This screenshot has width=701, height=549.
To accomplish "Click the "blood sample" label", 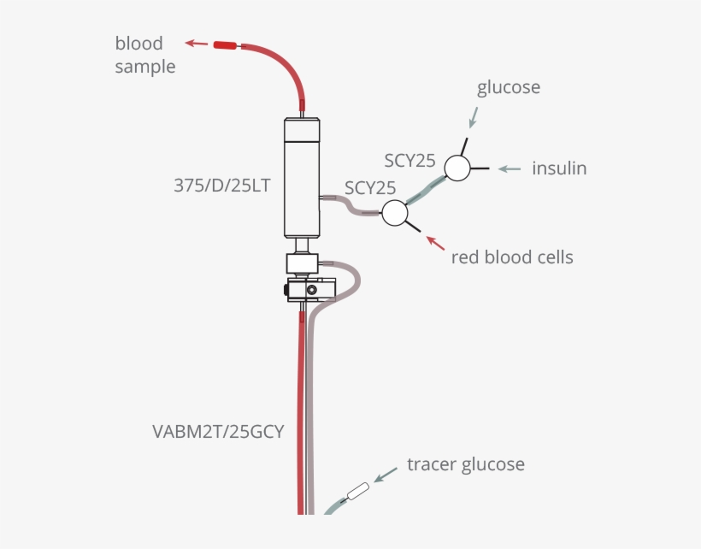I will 144,55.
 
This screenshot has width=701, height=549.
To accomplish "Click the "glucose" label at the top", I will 509,87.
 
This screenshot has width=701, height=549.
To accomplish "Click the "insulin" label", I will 559,168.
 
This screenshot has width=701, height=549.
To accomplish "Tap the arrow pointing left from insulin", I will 510,168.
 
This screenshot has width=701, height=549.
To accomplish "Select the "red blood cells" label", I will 512,257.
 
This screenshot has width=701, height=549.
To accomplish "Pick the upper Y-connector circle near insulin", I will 457,168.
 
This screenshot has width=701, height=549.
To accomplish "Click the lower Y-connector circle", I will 394,213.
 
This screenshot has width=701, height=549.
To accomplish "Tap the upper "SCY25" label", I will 409,160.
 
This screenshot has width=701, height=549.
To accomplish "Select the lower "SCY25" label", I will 370,187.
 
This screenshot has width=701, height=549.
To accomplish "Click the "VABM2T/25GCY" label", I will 218,431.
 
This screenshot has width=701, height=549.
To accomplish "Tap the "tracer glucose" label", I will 465,464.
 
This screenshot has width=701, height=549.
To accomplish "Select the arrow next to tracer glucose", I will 386,473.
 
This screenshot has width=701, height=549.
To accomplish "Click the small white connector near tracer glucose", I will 356,493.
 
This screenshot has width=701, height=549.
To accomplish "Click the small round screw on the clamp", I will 311,291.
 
